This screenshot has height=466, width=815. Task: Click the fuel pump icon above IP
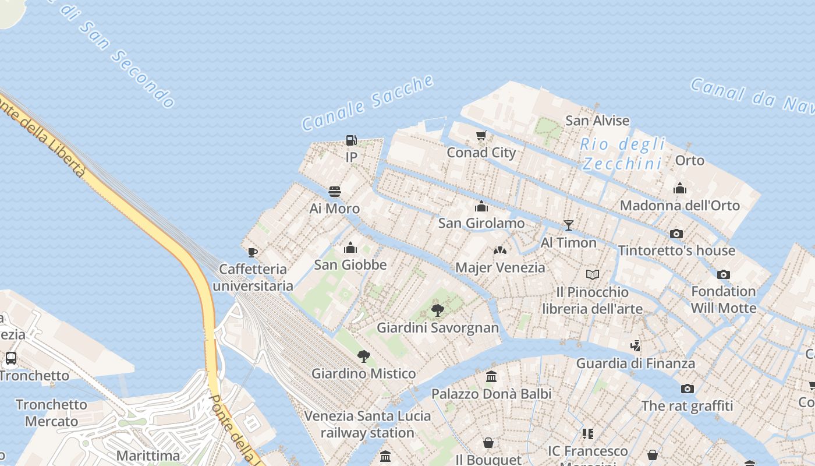coord(351,140)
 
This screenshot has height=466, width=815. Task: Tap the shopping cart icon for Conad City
coord(481,136)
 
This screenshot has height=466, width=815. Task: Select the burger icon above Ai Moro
coord(334,192)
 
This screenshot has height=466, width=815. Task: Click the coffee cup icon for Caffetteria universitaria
coord(252,252)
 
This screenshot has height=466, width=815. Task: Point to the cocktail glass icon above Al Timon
coord(569,225)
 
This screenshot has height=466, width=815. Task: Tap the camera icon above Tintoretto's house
coord(676,234)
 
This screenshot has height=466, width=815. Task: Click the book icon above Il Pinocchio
coord(592,274)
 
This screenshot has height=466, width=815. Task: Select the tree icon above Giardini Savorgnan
coord(438,310)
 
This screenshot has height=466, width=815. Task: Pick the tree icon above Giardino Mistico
coord(363,356)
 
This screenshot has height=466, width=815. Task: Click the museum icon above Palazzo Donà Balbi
coord(491,377)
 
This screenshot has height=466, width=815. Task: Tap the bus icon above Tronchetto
coord(10,358)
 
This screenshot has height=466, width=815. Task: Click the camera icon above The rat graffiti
coord(687,389)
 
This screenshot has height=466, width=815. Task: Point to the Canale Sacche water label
coord(368,103)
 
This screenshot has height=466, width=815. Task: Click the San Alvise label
coord(597,121)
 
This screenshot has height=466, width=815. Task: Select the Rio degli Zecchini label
coord(623,154)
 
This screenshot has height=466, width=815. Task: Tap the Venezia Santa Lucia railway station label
coord(367,424)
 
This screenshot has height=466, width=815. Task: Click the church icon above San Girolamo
coord(481,206)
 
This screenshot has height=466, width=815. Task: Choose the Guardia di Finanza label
coord(635,363)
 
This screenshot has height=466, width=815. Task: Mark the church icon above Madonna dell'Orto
coord(679,188)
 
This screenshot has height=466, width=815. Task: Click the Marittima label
coord(148,456)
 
